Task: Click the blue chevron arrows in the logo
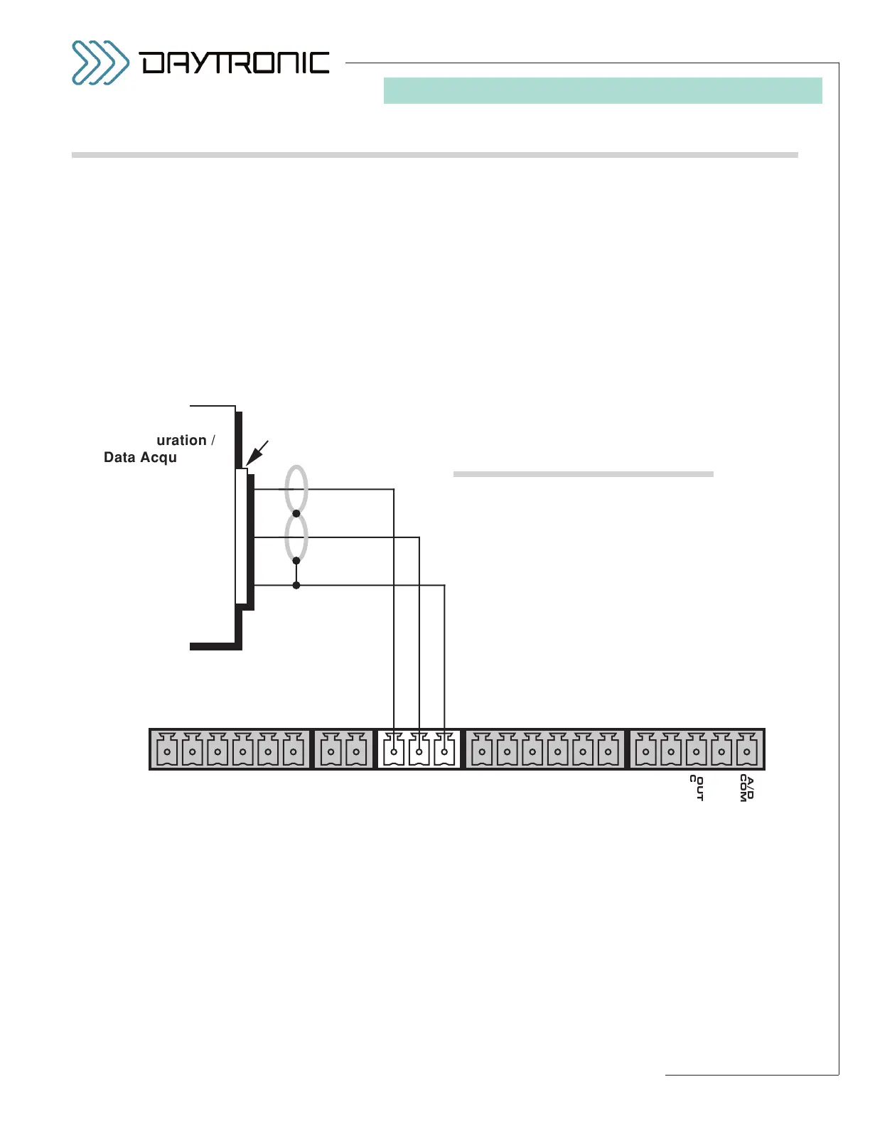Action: coord(100,63)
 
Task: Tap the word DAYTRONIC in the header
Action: coord(235,63)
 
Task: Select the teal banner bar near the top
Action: coord(603,91)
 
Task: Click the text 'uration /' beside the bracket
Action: coord(185,441)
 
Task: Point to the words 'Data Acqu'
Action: coord(140,458)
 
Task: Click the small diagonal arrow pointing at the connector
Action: coord(257,453)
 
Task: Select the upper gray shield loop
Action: coord(296,488)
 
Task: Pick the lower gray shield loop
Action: coord(296,537)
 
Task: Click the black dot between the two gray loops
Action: coord(296,513)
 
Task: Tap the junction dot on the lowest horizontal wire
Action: coord(296,585)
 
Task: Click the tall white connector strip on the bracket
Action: coord(242,536)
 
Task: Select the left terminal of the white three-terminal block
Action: coord(394,751)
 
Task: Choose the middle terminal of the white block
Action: coord(419,751)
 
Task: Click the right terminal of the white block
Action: coord(444,751)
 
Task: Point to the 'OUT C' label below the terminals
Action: coord(697,788)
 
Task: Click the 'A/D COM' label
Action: coord(747,788)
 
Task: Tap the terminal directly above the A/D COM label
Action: coord(747,751)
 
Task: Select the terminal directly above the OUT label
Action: coord(697,751)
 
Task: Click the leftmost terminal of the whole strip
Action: coord(167,751)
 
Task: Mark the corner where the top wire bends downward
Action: coord(394,489)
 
